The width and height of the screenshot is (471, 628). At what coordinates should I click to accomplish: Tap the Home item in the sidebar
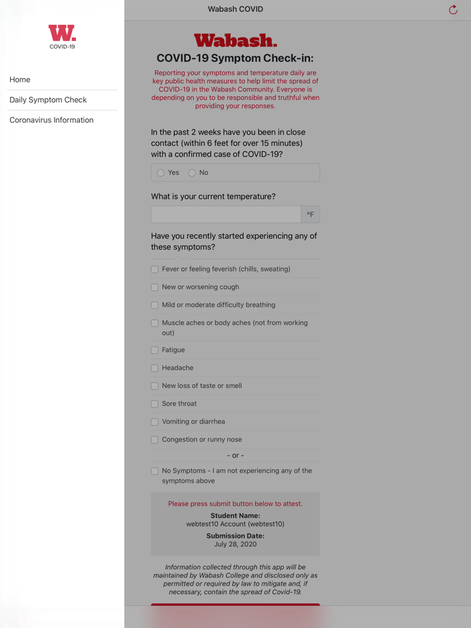coord(20,79)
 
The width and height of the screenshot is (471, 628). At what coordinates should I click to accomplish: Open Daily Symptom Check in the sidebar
coord(48,100)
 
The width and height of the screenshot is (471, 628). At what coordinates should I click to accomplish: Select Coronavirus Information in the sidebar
coord(51,120)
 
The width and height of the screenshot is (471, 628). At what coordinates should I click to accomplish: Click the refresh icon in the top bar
coord(453,9)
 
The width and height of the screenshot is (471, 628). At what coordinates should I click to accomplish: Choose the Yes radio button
coord(161,173)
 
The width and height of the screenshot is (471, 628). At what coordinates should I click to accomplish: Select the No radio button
coord(192,173)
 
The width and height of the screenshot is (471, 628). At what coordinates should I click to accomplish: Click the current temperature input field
coord(225,214)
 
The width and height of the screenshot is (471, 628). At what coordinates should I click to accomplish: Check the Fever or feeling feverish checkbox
coord(155,270)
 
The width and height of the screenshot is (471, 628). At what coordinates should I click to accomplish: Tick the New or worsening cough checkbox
coord(155,287)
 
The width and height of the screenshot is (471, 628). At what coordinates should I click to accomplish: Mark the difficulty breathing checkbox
coord(155,305)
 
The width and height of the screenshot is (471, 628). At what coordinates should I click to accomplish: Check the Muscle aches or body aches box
coord(155,323)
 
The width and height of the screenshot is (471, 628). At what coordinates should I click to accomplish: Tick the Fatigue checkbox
coord(155,350)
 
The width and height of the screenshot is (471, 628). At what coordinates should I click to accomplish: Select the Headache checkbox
coord(155,368)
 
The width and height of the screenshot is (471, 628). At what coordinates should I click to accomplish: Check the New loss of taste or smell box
coord(155,386)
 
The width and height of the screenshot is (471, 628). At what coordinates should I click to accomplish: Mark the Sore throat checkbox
coord(155,404)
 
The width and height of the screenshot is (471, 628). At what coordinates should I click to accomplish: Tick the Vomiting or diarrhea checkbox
coord(155,422)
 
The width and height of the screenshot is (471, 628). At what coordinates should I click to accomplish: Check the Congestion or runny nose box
coord(155,440)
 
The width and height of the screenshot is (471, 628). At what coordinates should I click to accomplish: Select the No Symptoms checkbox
coord(155,471)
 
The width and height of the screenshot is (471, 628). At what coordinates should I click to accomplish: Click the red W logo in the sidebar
coord(62,34)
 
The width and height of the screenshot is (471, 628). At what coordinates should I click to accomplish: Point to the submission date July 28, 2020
coord(235,544)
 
